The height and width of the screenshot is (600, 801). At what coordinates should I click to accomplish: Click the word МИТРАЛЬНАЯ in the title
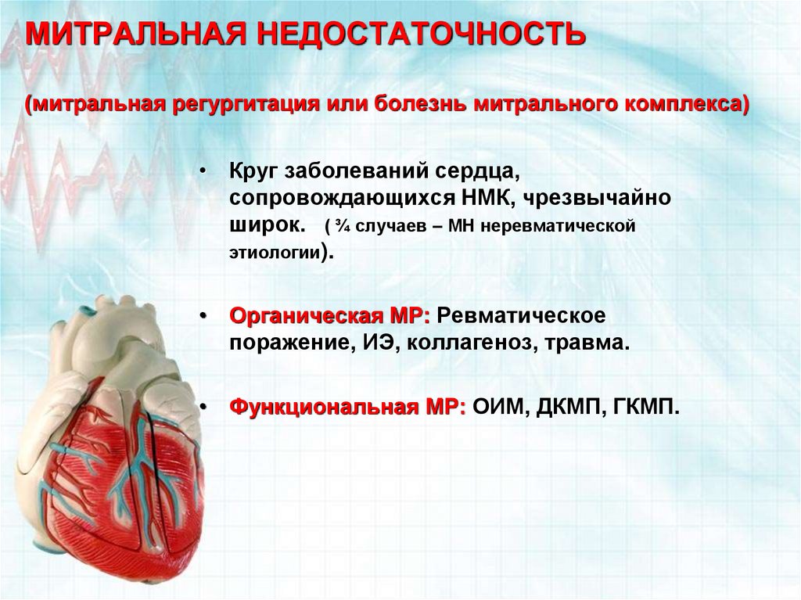[136, 33]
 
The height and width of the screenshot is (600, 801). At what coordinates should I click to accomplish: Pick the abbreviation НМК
[487, 198]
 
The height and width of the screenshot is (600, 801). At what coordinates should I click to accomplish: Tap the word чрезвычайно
[597, 198]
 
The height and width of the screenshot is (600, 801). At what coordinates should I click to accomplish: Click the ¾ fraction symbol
[343, 226]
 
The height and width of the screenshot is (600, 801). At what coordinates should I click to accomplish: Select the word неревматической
[558, 226]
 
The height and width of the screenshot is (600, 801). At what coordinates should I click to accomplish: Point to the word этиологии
[275, 253]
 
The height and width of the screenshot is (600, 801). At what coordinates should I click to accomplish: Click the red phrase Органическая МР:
[330, 316]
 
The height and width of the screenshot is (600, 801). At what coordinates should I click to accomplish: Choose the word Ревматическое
[522, 316]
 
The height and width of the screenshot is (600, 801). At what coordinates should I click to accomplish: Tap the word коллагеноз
[469, 343]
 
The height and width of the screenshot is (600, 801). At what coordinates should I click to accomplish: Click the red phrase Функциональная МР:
[348, 408]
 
